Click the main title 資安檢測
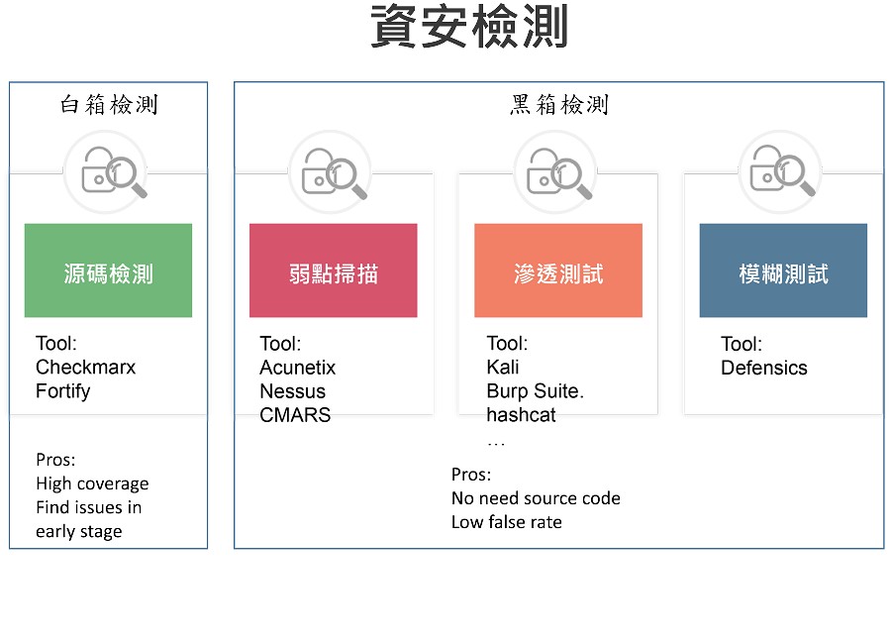[x=469, y=26]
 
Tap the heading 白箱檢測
[x=109, y=105]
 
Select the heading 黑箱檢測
[x=559, y=105]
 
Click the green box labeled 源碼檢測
[x=108, y=270]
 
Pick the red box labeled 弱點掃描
[x=333, y=270]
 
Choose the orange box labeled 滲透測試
[x=558, y=270]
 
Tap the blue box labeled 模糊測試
[x=783, y=270]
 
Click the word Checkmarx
[x=86, y=368]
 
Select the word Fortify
[x=63, y=391]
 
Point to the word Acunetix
[x=298, y=368]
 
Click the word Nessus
[x=293, y=391]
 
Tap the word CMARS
[x=295, y=415]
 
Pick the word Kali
[x=503, y=368]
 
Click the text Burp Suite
[x=536, y=391]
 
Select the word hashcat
[x=521, y=415]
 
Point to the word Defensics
[x=764, y=368]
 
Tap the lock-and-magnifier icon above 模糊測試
[x=782, y=170]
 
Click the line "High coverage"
[x=92, y=483]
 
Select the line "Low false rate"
[x=506, y=522]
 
